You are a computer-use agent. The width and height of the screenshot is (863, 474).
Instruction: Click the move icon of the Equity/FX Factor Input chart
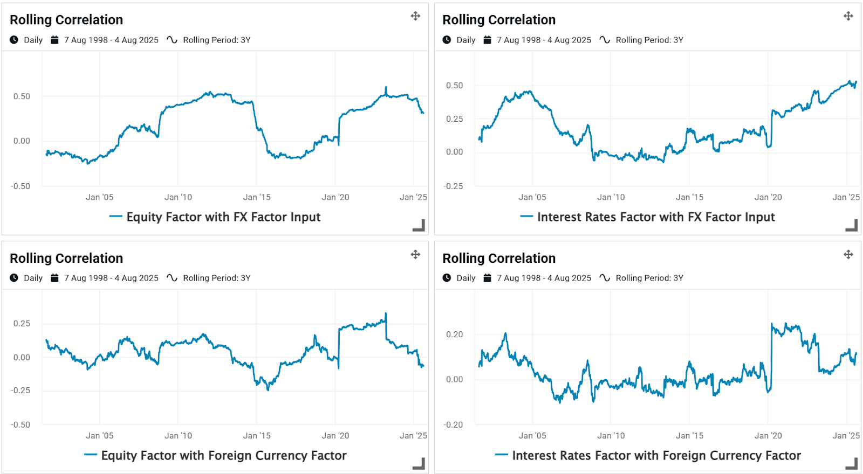pyautogui.click(x=415, y=16)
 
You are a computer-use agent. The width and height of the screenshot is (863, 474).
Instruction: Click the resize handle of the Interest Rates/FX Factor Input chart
pyautogui.click(x=852, y=225)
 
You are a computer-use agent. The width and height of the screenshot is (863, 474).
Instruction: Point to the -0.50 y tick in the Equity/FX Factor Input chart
pyautogui.click(x=20, y=186)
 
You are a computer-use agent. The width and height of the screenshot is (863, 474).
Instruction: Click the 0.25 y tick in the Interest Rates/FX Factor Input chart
pyautogui.click(x=454, y=119)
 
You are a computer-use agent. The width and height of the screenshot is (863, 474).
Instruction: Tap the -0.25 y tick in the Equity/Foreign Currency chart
pyautogui.click(x=20, y=391)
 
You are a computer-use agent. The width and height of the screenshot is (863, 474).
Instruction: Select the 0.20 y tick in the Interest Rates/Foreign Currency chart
pyautogui.click(x=454, y=334)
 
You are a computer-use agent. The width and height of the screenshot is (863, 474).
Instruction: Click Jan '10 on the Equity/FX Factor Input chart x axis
pyautogui.click(x=178, y=197)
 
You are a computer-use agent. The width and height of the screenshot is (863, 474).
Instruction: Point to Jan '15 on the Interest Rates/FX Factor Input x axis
pyautogui.click(x=689, y=197)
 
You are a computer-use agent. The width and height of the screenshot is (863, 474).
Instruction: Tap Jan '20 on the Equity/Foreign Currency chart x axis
pyautogui.click(x=335, y=436)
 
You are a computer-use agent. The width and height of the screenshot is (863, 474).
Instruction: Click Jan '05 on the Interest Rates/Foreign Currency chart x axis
pyautogui.click(x=532, y=436)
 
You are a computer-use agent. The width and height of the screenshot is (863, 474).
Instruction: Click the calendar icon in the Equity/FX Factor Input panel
pyautogui.click(x=54, y=40)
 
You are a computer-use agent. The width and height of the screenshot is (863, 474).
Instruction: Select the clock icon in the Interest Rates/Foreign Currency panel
pyautogui.click(x=447, y=278)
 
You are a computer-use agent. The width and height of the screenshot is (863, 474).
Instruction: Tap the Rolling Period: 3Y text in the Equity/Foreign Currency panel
pyautogui.click(x=216, y=278)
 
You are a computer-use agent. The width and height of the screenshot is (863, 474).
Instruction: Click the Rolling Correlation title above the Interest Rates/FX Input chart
pyautogui.click(x=499, y=20)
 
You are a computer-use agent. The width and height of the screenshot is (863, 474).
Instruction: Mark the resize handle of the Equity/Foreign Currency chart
pyautogui.click(x=419, y=463)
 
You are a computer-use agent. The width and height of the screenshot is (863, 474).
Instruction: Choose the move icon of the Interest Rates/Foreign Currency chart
pyautogui.click(x=848, y=254)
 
